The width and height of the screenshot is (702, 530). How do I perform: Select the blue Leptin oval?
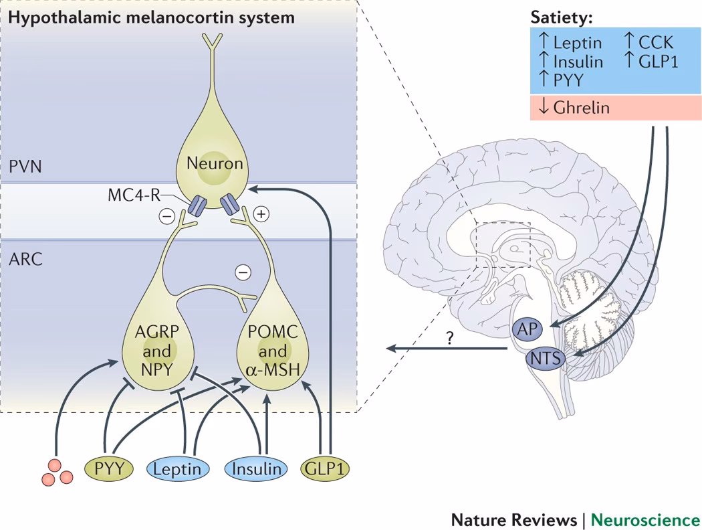coord(177,468)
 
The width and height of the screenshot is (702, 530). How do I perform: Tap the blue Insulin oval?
coord(257,468)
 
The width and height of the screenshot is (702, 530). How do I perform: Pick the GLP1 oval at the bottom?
coord(326,468)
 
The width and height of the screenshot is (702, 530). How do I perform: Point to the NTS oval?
coord(544,359)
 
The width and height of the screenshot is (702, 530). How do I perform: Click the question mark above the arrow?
coord(449,339)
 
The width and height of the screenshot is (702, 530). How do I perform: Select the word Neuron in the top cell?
coord(214,163)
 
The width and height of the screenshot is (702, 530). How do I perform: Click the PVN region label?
coord(25,165)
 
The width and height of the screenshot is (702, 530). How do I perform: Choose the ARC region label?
coord(25,259)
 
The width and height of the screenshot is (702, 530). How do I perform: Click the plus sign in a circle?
coord(261,214)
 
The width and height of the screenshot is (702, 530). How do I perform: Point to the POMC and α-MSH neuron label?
coord(272,351)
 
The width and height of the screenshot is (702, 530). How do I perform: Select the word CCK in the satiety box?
coord(655,43)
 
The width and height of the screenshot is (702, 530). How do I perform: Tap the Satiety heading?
coord(562,17)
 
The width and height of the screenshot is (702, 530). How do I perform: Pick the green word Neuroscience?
coord(645,519)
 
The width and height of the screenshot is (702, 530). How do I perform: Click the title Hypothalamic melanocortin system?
coord(151,17)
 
